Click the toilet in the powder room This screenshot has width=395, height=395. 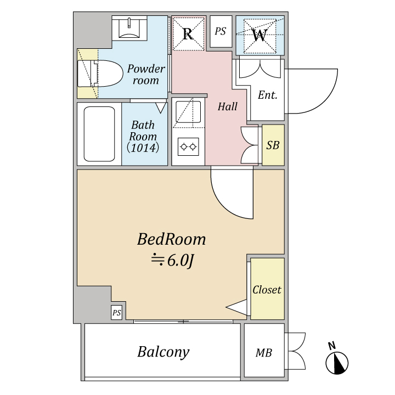click(100, 74)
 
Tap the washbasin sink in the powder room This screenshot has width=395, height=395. click(129, 28)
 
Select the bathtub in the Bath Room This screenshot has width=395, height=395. click(99, 134)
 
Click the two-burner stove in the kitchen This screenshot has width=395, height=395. click(188, 146)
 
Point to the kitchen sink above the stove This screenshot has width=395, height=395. click(188, 112)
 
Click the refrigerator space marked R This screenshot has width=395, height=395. click(188, 33)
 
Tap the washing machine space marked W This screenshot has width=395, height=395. click(259, 36)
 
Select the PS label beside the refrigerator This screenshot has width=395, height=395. click(221, 31)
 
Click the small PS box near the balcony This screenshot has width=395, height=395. click(117, 313)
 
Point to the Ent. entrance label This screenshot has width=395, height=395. click(268, 95)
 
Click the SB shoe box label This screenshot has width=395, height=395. click(273, 145)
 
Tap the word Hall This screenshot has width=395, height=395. click(228, 106)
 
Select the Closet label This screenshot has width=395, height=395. click(267, 290)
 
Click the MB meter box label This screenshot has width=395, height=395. click(264, 353)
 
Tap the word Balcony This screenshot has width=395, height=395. click(163, 352)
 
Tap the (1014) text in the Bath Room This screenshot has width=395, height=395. click(143, 148)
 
